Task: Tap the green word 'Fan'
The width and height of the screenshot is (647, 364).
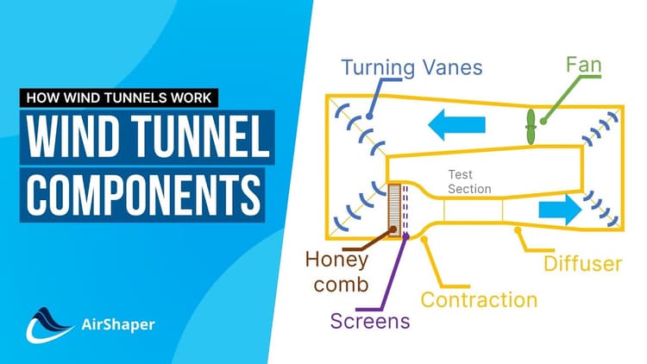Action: [584, 65]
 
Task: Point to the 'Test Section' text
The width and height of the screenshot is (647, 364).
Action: [469, 182]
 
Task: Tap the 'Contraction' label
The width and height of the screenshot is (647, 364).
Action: [478, 300]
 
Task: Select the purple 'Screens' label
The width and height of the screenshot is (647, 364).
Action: [371, 321]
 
